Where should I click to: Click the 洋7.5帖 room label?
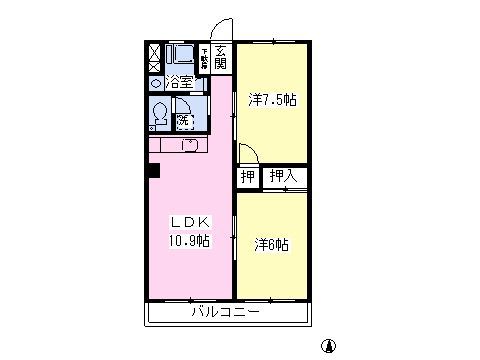click(x=272, y=100)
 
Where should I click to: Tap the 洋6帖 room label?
click(x=271, y=243)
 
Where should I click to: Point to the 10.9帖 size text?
click(x=188, y=240)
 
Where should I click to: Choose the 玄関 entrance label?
click(x=220, y=58)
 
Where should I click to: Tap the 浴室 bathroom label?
click(x=179, y=83)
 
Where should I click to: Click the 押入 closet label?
click(x=284, y=177)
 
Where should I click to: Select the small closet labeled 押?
click(x=246, y=178)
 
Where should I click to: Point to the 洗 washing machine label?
click(x=184, y=121)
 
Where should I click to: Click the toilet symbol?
click(x=159, y=113)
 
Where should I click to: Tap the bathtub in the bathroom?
click(x=181, y=56)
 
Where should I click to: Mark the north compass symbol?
click(x=328, y=346)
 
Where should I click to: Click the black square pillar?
click(x=152, y=170)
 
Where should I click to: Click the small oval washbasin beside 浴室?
click(x=156, y=83)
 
